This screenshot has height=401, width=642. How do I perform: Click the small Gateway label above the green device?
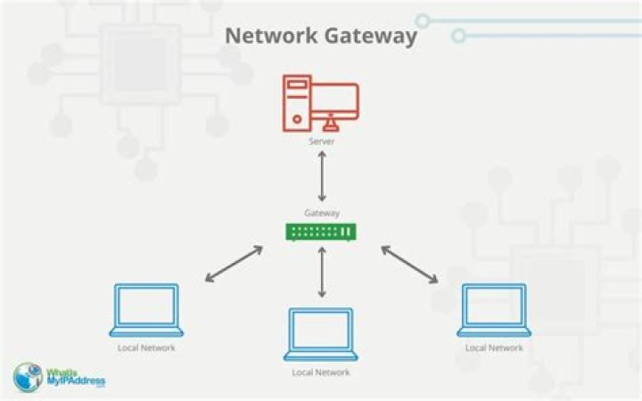321,213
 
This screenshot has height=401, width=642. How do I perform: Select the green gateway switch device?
321,232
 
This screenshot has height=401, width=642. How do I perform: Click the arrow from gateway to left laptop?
234,264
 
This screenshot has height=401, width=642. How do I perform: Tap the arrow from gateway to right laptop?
409,264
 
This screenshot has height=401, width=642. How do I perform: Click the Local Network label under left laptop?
146,348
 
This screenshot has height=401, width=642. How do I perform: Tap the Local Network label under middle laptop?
321,372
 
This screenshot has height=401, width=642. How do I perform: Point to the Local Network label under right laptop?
494,348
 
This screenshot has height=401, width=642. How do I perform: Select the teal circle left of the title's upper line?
423,20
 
